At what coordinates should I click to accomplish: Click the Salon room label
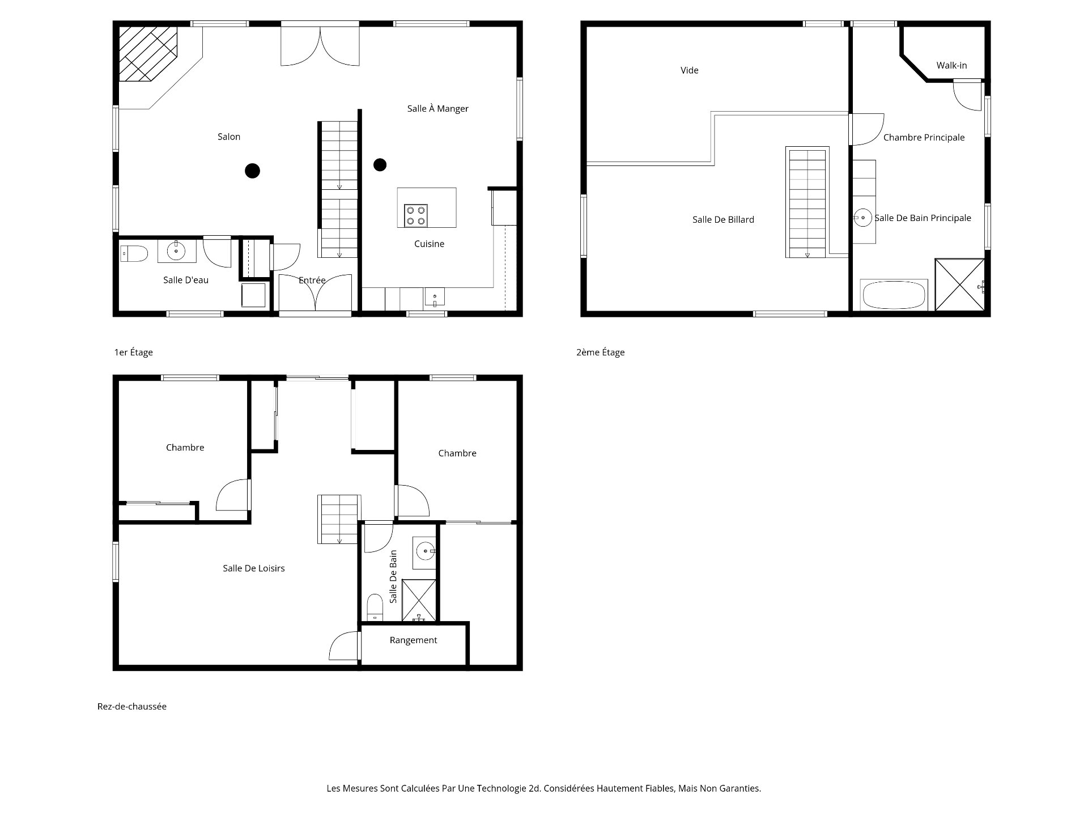tap(229, 137)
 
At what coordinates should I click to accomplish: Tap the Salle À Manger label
tap(437, 108)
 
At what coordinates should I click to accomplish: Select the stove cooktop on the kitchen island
tap(415, 215)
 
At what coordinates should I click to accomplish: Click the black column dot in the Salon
tap(252, 170)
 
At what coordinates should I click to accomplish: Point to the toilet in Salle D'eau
tap(134, 253)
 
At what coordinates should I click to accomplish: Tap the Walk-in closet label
tap(951, 65)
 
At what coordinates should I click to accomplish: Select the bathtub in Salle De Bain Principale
tap(894, 295)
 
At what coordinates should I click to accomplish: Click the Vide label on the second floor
tap(689, 70)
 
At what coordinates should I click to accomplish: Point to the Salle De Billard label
tap(723, 219)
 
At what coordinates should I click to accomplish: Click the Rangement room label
tap(413, 640)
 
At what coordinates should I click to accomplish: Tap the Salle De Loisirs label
tap(253, 568)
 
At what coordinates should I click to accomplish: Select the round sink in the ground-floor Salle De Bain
tap(425, 550)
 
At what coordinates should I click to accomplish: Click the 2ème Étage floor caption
tap(600, 352)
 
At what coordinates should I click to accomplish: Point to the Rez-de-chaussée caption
tap(132, 707)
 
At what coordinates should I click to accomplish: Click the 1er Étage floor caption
tap(133, 352)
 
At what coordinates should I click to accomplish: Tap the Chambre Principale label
tap(924, 137)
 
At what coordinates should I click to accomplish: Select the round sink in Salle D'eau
tap(176, 250)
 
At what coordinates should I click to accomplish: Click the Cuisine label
tap(429, 244)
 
